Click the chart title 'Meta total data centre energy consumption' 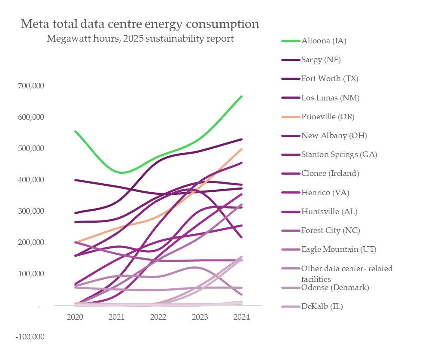140,24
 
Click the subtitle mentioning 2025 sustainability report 140,39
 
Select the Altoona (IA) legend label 324,41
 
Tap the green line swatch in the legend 291,41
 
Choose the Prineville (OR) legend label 328,117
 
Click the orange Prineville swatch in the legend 291,117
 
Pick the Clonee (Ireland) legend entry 330,173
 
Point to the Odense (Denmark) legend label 335,287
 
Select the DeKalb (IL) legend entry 322,306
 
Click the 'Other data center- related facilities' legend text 347,273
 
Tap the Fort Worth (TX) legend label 330,79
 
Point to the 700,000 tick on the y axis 31,86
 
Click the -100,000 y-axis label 30,337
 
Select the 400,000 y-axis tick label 31,180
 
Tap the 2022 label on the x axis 158,317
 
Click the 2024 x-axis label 242,317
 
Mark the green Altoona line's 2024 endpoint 242,97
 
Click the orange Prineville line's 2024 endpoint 242,149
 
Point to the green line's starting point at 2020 76,131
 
